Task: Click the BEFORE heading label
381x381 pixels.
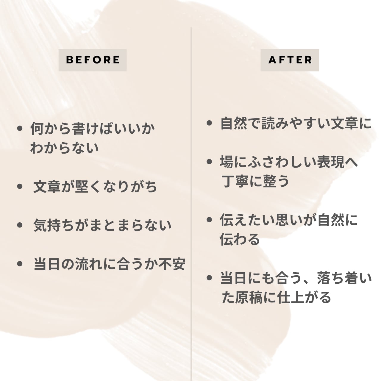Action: pos(93,60)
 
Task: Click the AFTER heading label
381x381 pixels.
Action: pos(290,60)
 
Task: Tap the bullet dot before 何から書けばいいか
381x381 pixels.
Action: pos(20,129)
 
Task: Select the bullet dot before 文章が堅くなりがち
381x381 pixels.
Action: pos(20,187)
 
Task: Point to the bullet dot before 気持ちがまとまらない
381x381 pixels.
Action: pos(20,225)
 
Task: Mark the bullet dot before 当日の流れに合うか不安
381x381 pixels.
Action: pos(20,264)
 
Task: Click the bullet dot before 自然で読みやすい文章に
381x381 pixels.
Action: pos(210,123)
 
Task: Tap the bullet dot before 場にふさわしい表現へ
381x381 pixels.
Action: pos(210,162)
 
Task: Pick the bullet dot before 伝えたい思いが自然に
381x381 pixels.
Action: pos(210,220)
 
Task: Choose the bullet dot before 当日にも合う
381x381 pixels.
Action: pos(210,278)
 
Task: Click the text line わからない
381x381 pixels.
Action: pos(64,148)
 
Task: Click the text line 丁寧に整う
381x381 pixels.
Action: pos(255,181)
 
